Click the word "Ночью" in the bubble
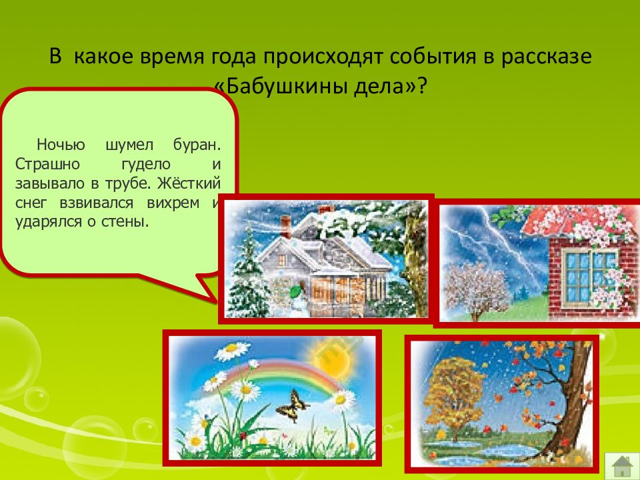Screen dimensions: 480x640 57,145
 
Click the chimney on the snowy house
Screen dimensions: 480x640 286,223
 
